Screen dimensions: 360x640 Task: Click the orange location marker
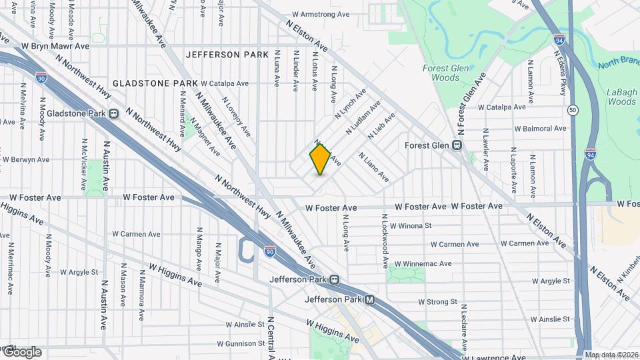[321, 159]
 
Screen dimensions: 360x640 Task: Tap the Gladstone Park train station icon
[114, 113]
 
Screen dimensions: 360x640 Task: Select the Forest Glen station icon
[458, 145]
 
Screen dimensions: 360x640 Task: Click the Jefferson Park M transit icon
[369, 301]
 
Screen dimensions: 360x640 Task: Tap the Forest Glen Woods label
[441, 73]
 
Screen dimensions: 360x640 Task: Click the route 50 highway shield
[573, 109]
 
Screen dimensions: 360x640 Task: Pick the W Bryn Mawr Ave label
[55, 46]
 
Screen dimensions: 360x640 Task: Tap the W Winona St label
[411, 226]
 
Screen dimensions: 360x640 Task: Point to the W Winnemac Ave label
[423, 264]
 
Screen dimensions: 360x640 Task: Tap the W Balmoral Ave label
[540, 128]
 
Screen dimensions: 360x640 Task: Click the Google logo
[21, 351]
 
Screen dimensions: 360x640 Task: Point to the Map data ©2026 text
[611, 355]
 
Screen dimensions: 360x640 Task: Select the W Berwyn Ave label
[26, 160]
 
